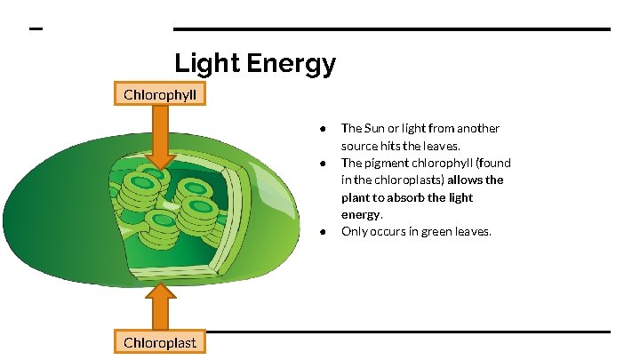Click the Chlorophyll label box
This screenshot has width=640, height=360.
pos(160,93)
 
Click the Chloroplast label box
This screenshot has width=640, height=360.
pos(160,341)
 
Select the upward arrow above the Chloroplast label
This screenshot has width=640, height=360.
pos(160,304)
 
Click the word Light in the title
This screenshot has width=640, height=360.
pos(204,64)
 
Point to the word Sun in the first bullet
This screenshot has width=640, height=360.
pos(375,128)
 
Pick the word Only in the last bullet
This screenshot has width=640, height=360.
pos(356,231)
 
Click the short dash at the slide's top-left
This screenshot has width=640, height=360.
pos(36,29)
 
